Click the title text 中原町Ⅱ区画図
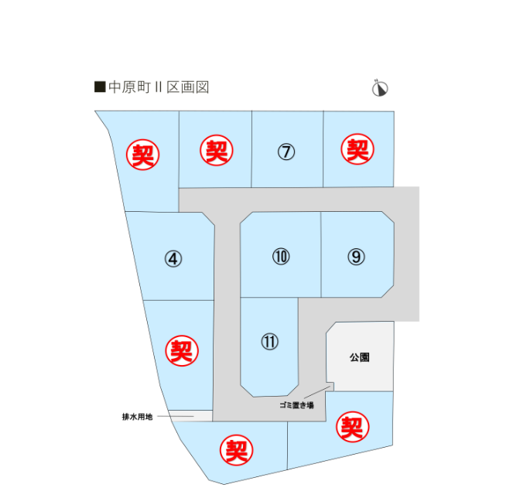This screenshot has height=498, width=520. tap(158, 87)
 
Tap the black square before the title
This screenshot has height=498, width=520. tap(98, 87)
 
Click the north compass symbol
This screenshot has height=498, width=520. tap(379, 89)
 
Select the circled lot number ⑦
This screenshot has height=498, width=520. tap(286, 152)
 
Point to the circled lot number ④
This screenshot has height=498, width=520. tap(173, 259)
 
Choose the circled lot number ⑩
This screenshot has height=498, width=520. tap(281, 256)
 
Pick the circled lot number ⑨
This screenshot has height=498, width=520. tap(356, 257)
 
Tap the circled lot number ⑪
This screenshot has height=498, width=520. tap(269, 341)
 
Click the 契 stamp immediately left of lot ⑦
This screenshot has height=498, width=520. tap(217, 150)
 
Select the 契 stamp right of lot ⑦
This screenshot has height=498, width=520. tap(357, 149)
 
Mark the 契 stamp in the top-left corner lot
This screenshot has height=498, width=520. tap(143, 155)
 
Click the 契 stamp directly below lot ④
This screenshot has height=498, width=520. tap(182, 352)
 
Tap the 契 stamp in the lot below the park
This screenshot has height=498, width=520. tap(351, 426)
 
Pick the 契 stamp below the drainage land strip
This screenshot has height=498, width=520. tap(236, 450)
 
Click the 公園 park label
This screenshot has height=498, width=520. tap(359, 358)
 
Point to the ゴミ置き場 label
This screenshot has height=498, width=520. tap(296, 405)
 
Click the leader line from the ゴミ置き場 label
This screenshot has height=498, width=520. tap(321, 393)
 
